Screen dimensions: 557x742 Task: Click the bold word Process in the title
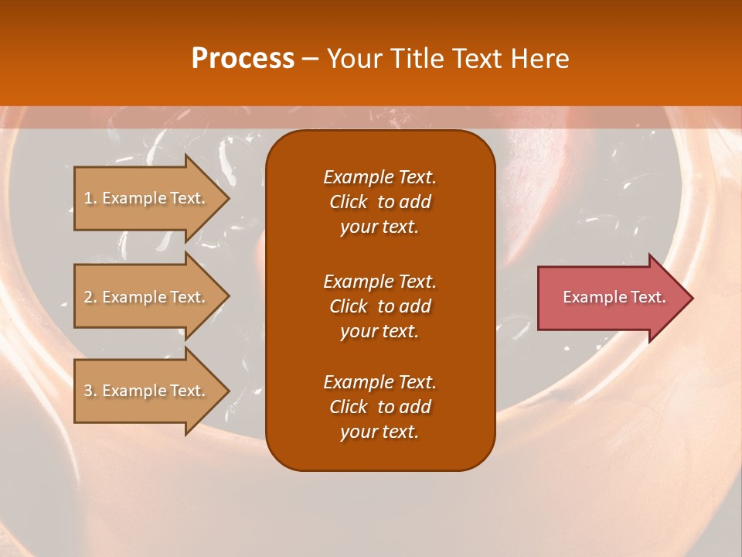(243, 59)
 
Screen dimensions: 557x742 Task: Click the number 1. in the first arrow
(90, 198)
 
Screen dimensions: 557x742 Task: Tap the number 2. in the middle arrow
(90, 297)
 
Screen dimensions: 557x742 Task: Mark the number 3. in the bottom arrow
(90, 391)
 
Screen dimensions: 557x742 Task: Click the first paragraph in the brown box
(380, 202)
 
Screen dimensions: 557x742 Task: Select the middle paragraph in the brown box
(380, 306)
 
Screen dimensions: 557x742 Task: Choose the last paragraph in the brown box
(380, 407)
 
